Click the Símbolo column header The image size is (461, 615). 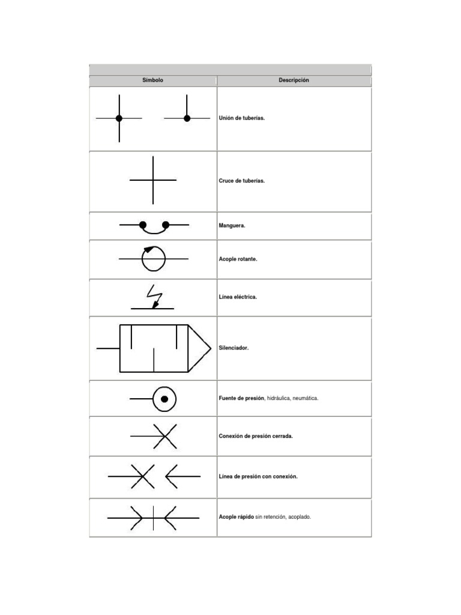152,80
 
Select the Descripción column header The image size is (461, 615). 294,80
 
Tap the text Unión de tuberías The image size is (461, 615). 242,118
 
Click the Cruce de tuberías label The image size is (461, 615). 242,180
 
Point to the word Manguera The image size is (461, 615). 232,226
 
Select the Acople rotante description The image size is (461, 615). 238,259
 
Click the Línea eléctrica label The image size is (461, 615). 238,297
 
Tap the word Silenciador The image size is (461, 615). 234,348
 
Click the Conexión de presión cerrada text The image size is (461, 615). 256,436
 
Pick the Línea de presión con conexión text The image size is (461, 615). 258,476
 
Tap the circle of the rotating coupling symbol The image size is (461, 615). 153,259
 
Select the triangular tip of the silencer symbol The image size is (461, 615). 199,348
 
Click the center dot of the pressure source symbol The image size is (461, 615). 164,399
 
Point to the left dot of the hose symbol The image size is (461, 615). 143,225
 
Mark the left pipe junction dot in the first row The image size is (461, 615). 119,118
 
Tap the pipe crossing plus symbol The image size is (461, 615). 153,180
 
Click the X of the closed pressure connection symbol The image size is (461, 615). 164,436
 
